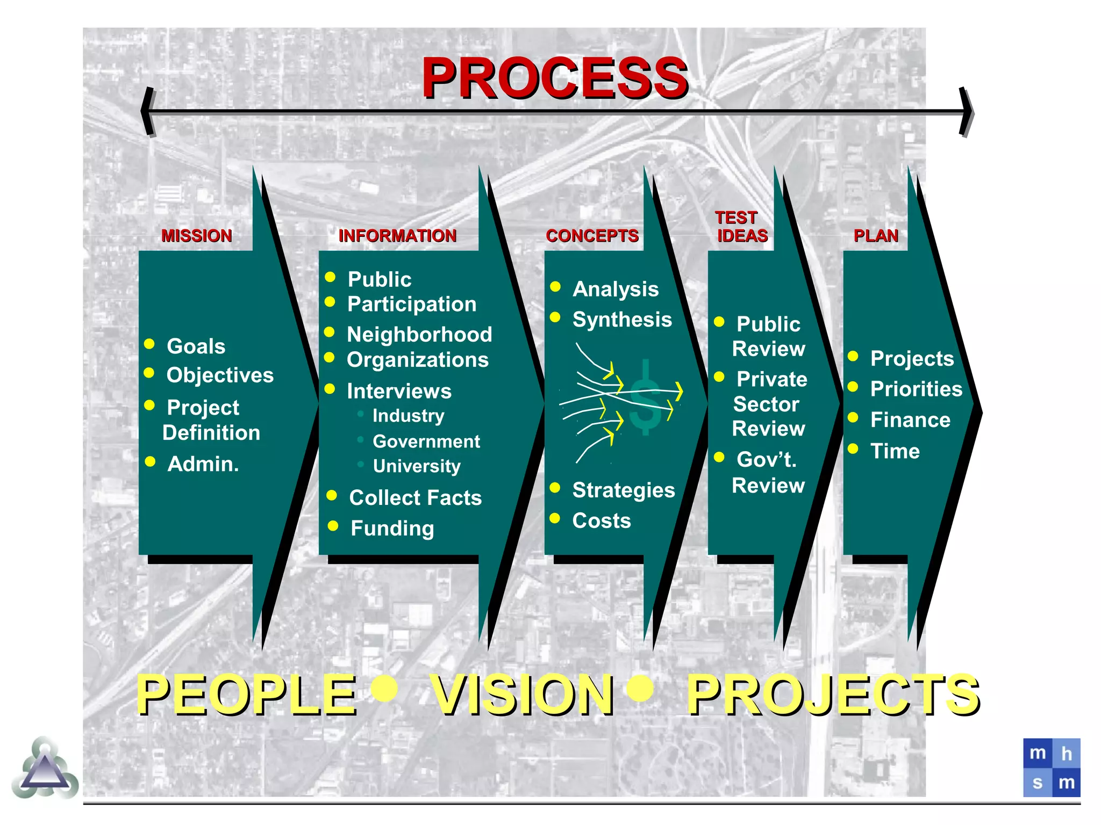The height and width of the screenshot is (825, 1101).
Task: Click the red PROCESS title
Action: tap(555, 78)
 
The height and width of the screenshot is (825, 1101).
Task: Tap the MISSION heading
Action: tap(197, 236)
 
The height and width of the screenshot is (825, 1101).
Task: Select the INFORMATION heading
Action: tap(397, 236)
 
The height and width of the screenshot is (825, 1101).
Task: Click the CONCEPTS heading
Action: tap(592, 236)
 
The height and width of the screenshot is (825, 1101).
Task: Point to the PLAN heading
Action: tap(876, 236)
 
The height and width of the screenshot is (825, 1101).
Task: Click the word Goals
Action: tap(196, 346)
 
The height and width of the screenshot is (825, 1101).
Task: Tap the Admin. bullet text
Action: tap(203, 464)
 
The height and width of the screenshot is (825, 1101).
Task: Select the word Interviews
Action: tap(399, 391)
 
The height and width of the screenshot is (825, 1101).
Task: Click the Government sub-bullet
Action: tap(426, 442)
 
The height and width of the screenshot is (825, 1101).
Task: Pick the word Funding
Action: tap(392, 529)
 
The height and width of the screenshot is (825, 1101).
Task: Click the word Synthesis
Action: tap(622, 320)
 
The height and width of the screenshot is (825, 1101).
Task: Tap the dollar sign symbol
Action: tap(645, 397)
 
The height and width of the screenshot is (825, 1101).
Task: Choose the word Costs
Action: tap(602, 520)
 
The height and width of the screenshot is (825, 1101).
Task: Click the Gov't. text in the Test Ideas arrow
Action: tap(767, 460)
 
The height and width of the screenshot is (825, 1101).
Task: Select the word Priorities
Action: tap(916, 389)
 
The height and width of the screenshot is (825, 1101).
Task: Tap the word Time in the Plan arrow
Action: tap(895, 451)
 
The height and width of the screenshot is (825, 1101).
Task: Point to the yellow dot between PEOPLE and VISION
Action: tap(385, 688)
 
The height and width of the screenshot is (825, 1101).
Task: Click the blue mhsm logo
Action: tap(1052, 768)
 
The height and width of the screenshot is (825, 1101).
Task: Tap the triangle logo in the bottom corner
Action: tap(45, 769)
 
